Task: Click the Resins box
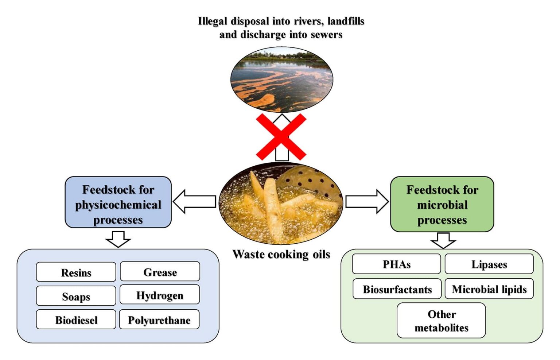76,272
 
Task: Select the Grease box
160,272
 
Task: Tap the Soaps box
76,296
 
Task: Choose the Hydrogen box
160,295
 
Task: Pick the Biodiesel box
76,320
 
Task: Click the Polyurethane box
159,320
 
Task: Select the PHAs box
396,264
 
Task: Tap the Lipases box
489,264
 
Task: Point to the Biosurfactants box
397,289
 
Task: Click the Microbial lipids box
489,289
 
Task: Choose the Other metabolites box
441,321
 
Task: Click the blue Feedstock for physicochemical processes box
118,203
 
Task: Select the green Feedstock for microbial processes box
442,204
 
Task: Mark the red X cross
281,137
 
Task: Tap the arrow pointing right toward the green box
367,201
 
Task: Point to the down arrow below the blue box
118,239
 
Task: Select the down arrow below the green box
443,240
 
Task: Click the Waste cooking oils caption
281,254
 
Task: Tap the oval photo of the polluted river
281,80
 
